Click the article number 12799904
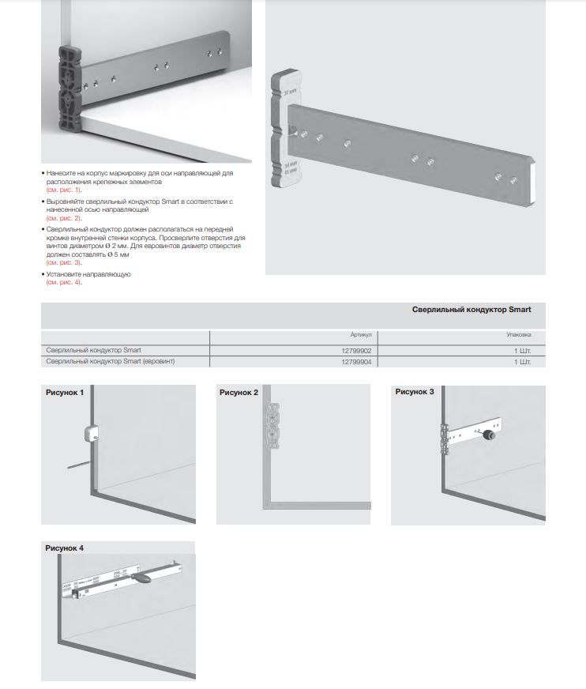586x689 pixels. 357,361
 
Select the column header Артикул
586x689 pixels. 361,335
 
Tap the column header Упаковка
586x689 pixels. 518,335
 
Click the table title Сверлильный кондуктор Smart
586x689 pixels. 471,311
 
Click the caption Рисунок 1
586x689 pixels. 65,392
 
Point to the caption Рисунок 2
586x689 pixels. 239,392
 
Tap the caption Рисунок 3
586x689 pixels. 415,392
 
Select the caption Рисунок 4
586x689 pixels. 65,548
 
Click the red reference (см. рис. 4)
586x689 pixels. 64,282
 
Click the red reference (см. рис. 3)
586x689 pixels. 64,262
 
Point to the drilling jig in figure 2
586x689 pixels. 274,424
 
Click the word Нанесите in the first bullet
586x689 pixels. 62,172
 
